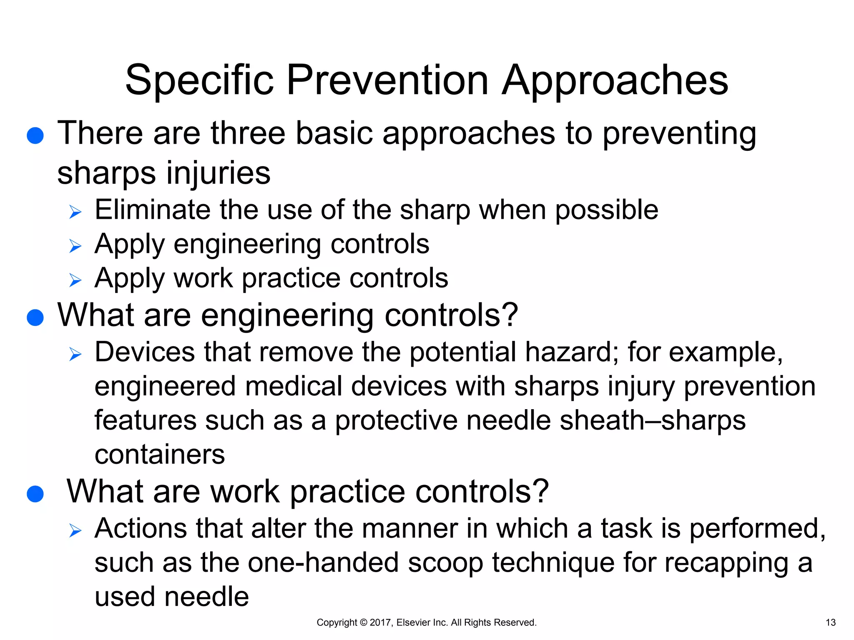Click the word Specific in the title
(x=199, y=80)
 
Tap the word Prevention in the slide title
(x=387, y=80)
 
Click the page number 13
(x=830, y=622)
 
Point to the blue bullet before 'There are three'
(x=35, y=136)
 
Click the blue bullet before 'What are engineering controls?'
(x=35, y=317)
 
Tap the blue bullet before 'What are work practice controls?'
(x=35, y=494)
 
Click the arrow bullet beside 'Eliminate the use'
(x=75, y=212)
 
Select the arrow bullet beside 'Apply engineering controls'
(x=75, y=247)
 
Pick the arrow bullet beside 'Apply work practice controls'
(x=75, y=280)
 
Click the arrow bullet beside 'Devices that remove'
(x=75, y=355)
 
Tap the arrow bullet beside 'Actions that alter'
(x=75, y=531)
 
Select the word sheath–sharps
(x=652, y=420)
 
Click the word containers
(x=160, y=455)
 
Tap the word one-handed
(x=323, y=563)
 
